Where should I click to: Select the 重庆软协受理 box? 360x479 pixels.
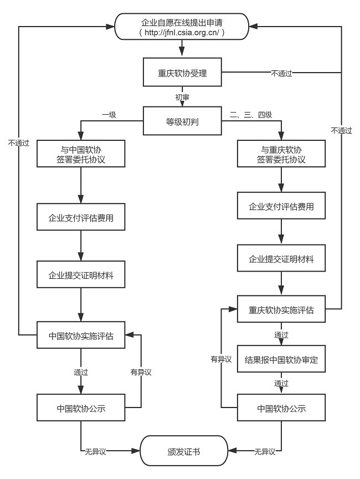click(183, 73)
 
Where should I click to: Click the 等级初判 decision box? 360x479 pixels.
click(183, 120)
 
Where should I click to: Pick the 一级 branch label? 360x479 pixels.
click(109, 115)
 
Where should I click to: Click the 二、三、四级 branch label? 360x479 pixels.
click(251, 115)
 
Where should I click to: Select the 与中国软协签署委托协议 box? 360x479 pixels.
click(81, 154)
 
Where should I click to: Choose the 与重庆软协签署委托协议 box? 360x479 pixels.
click(281, 154)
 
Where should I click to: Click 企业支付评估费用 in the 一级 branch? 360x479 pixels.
click(81, 217)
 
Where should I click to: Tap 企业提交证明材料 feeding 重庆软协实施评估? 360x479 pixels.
click(281, 259)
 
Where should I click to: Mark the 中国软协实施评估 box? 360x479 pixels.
click(81, 335)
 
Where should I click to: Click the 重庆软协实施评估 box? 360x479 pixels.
click(281, 310)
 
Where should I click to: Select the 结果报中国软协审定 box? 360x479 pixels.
click(281, 360)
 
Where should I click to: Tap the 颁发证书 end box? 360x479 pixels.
click(184, 452)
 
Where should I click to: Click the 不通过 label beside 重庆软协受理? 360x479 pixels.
click(281, 73)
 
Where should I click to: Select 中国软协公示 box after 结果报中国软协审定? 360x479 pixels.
click(281, 409)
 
